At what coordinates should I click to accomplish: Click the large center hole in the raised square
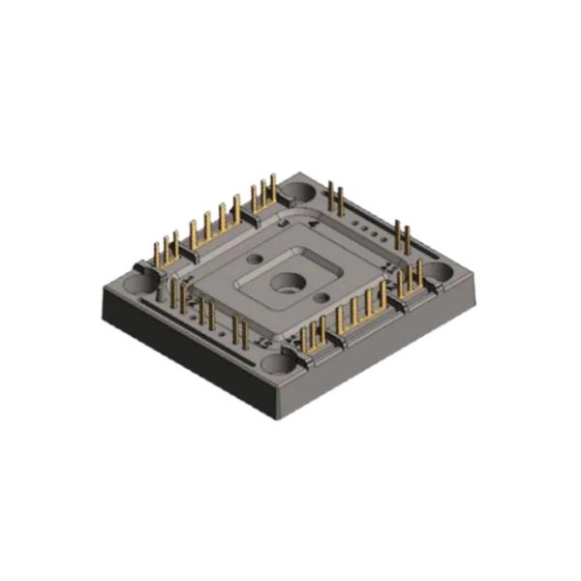288,283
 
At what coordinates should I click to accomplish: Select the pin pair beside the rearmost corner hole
336,199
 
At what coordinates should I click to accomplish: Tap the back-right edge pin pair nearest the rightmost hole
401,238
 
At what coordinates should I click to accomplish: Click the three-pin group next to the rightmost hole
411,281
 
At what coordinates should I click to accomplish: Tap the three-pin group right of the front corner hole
312,335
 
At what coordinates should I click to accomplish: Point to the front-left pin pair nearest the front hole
239,330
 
